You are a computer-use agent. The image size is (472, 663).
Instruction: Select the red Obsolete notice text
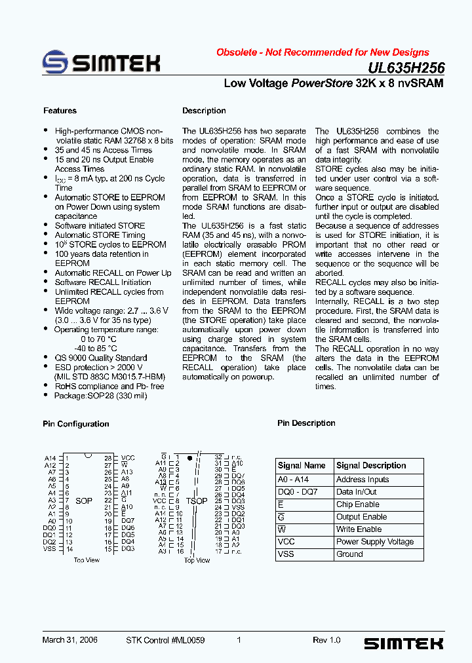point(323,52)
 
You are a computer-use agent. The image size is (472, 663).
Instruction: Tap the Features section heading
point(60,111)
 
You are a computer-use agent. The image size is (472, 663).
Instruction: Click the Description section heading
point(204,111)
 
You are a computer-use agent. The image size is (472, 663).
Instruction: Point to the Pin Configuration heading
point(76,424)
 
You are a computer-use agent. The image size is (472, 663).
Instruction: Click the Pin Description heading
point(306,423)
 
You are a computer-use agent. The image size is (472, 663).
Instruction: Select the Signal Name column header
point(302,466)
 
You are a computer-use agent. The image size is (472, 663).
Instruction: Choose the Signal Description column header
point(371,466)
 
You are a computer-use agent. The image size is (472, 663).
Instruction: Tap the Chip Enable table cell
point(357,504)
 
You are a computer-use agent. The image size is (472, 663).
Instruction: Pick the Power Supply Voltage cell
point(375,542)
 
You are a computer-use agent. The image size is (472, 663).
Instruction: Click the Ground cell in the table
point(349,554)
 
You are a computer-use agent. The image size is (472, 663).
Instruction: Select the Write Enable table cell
point(359,529)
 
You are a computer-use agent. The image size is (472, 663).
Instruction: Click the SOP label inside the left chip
point(84,501)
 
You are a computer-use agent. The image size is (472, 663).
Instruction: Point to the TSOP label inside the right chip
point(197,501)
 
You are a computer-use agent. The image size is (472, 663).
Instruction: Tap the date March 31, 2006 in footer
point(68,640)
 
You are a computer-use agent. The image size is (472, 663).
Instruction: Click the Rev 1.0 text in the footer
point(326,640)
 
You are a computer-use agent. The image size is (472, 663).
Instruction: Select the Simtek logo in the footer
point(403,643)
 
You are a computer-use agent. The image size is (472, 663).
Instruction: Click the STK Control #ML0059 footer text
point(165,640)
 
